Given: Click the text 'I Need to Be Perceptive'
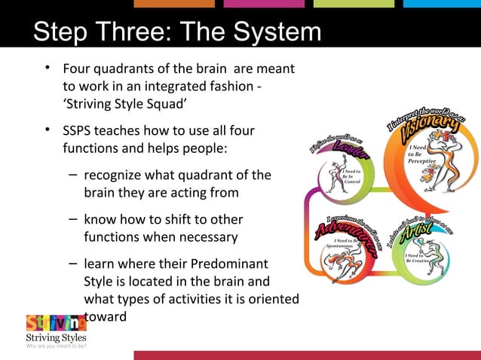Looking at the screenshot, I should point(421,154).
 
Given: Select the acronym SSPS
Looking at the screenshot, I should point(81,131).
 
